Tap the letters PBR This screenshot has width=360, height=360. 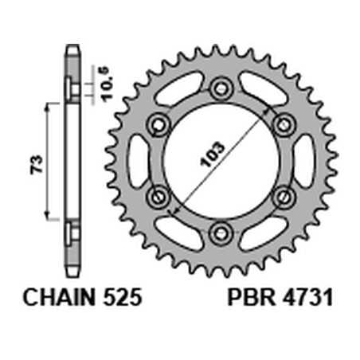click(x=248, y=299)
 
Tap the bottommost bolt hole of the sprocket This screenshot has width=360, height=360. click(x=220, y=232)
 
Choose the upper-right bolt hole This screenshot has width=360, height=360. click(x=282, y=123)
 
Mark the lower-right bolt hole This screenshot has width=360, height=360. click(x=282, y=196)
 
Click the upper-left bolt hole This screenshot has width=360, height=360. click(x=158, y=123)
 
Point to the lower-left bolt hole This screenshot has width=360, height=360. click(x=158, y=196)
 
